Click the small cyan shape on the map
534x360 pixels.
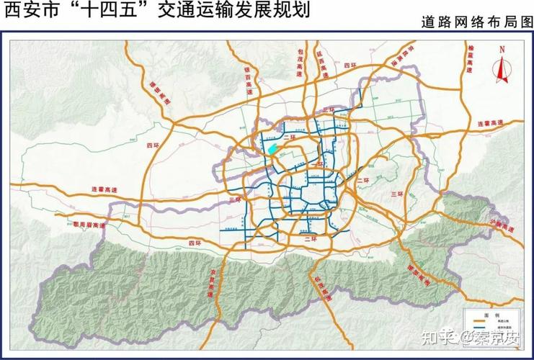coord(272,150)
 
